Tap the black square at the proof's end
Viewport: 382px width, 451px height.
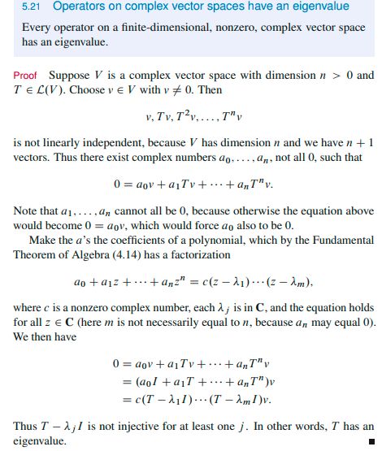370,441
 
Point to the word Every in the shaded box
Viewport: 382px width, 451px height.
36,28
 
